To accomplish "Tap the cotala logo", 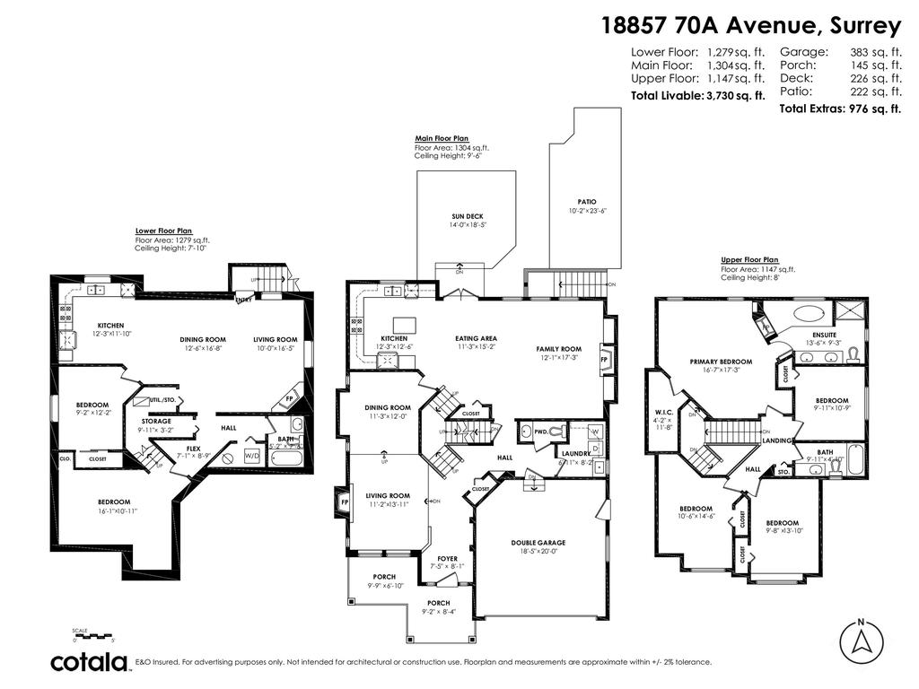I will pos(88,662).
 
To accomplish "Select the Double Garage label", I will pos(538,542).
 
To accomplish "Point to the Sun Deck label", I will pos(467,217).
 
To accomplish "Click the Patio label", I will pos(587,202).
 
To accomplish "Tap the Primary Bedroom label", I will pos(721,362).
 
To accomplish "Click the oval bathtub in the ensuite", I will pos(810,314).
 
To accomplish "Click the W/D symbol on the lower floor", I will pos(251,454).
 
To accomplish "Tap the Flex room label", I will pos(194,449).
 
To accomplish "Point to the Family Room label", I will pos(558,349).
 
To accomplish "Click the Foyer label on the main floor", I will pos(447,559).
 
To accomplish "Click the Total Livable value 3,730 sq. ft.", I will pos(734,95).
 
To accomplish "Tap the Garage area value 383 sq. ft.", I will pos(875,52).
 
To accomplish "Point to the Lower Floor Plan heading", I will pos(163,231).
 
